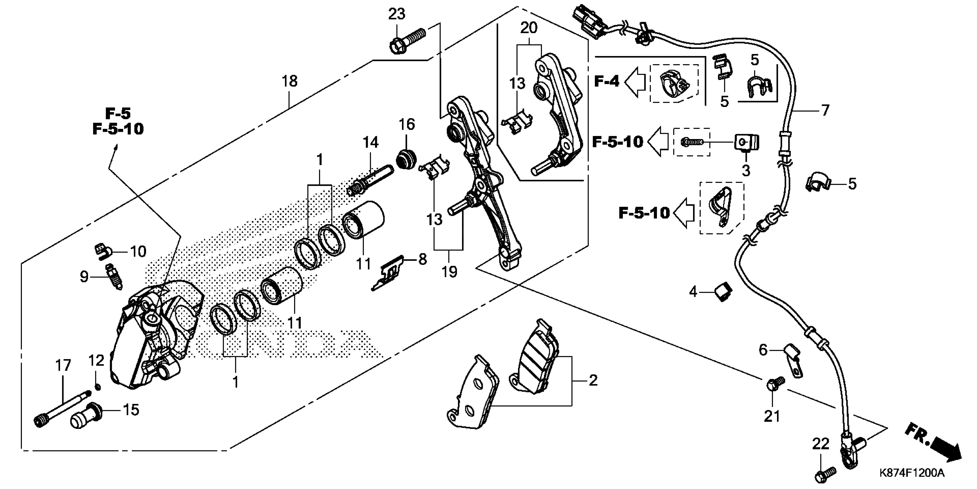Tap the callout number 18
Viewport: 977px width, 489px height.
(289, 81)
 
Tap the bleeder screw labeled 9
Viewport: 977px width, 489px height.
(114, 278)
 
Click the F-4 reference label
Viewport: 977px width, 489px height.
(606, 81)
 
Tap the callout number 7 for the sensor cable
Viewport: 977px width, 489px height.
(825, 110)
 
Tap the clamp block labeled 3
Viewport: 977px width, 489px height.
(746, 142)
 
